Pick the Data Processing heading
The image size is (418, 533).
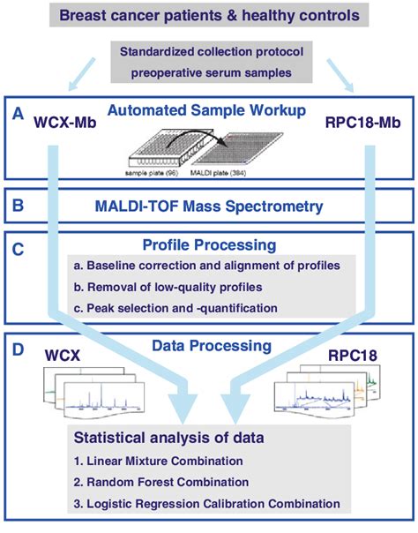click(x=209, y=346)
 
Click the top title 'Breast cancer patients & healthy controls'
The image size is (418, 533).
click(x=208, y=15)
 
